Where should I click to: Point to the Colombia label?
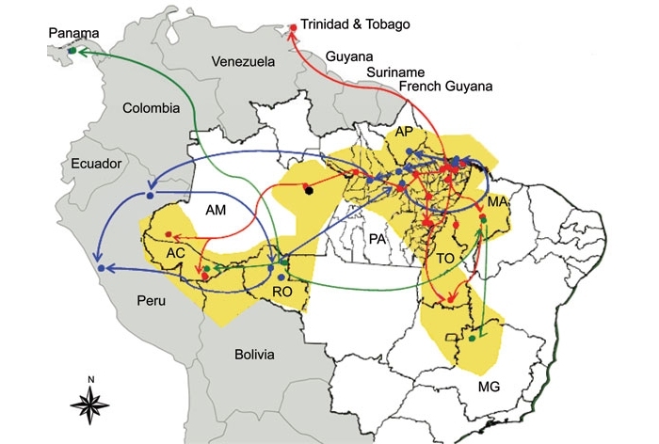click(151, 108)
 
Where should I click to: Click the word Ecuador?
click(97, 164)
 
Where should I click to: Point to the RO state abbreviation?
click(282, 293)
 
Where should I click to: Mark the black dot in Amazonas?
click(309, 192)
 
